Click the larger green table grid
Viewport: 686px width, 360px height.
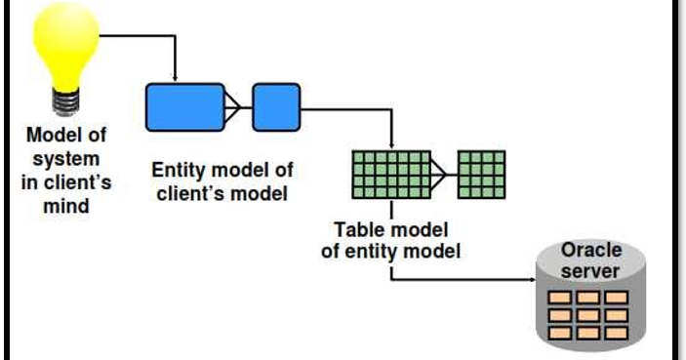390,175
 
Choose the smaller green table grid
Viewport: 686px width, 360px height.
481,175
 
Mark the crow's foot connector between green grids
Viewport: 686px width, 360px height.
443,175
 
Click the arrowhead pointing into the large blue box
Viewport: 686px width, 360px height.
175,78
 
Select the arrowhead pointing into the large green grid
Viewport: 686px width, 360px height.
390,146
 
